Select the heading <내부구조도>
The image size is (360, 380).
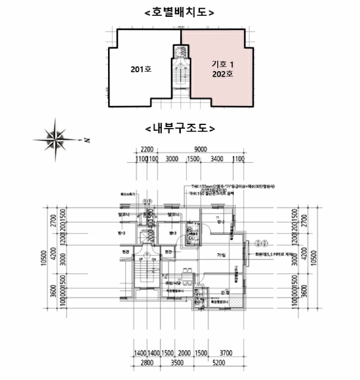[180, 129]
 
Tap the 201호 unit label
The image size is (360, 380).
[141, 69]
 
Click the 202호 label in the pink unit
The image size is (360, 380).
[222, 74]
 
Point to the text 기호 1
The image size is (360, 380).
[222, 64]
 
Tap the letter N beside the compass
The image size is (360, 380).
[86, 141]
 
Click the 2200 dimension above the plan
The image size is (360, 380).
[147, 149]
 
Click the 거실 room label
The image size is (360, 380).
[220, 254]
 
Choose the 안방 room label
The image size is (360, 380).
[225, 293]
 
